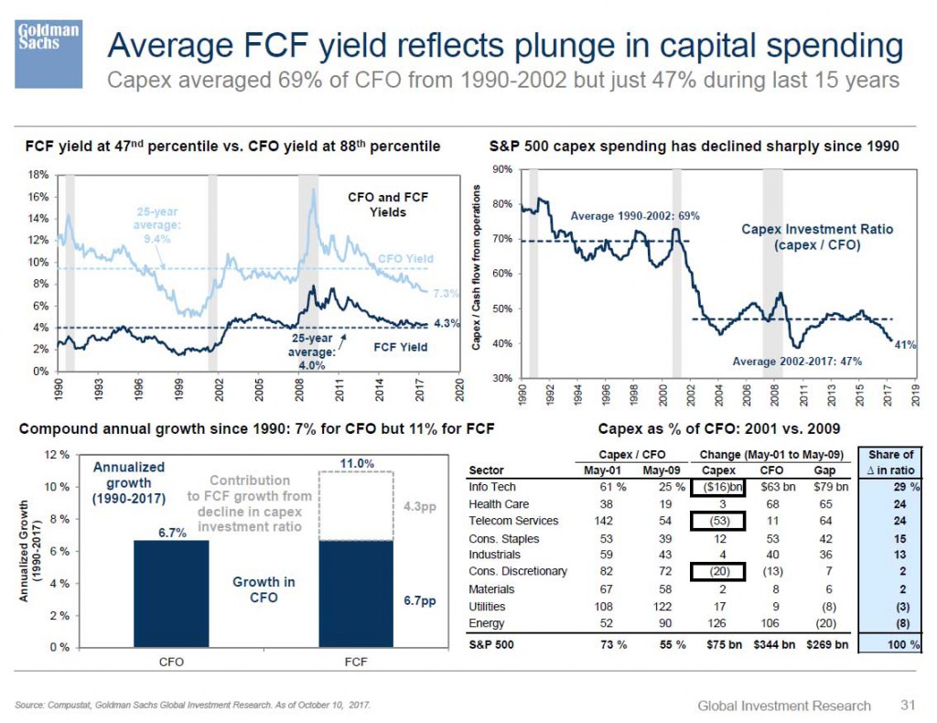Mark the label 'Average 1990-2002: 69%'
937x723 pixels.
(635, 217)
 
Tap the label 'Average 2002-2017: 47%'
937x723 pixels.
(798, 361)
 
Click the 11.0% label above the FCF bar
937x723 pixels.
(357, 464)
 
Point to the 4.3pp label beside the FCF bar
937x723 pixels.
(418, 505)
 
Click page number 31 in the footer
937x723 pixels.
(906, 705)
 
